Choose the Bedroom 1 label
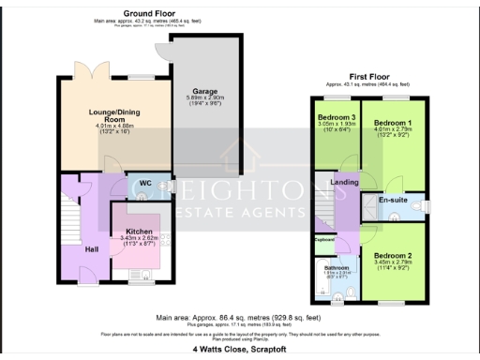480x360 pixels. pyautogui.click(x=393, y=123)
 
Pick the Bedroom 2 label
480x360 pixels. pyautogui.click(x=393, y=255)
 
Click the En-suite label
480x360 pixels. pyautogui.click(x=391, y=200)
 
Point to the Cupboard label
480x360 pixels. pyautogui.click(x=324, y=240)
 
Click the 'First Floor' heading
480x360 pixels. pyautogui.click(x=369, y=75)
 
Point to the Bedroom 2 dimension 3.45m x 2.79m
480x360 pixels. pyautogui.click(x=393, y=263)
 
